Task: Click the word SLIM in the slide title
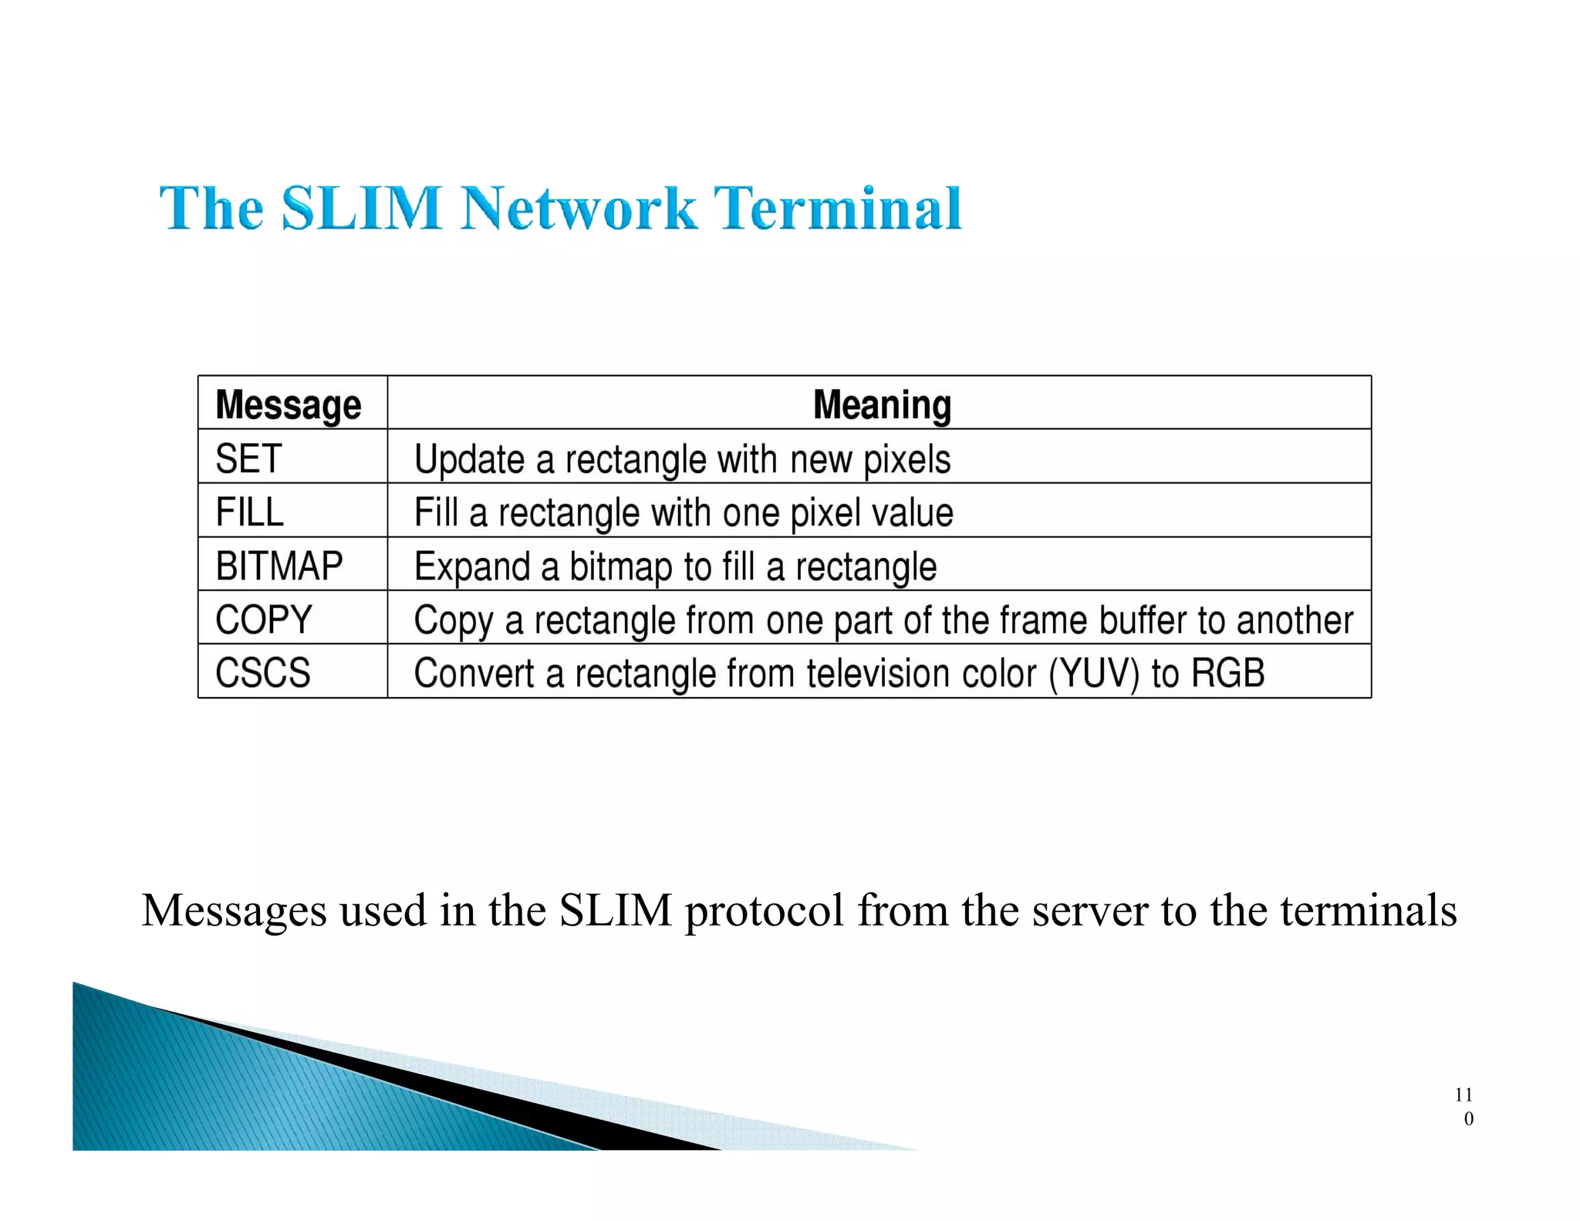361,208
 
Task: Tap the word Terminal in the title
837,208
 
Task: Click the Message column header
289,404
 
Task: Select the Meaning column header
882,404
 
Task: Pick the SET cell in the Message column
248,458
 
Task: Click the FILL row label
249,512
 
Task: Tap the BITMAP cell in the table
279,566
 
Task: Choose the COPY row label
264,620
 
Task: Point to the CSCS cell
262,673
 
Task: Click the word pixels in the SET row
906,460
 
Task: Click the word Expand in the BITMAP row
472,567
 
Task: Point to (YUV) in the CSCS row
1093,674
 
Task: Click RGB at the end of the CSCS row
1228,673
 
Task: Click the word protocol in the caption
764,911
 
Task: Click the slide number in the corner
1464,1106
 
